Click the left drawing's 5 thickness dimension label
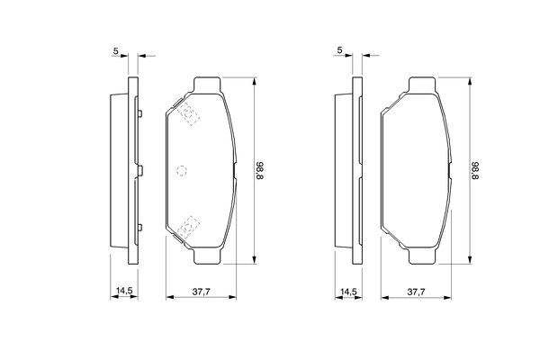[x=116, y=50]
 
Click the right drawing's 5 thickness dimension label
[x=339, y=50]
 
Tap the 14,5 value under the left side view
[x=123, y=291]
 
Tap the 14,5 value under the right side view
[x=346, y=291]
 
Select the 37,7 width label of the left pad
[x=202, y=291]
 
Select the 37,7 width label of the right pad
[x=416, y=291]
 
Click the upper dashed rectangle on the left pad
[x=189, y=112]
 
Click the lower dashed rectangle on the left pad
[x=189, y=227]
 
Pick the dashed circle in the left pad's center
[x=182, y=170]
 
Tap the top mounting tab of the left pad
[x=208, y=85]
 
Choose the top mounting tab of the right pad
[x=423, y=85]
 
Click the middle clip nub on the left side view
[x=141, y=169]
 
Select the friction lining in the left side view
[x=116, y=170]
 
